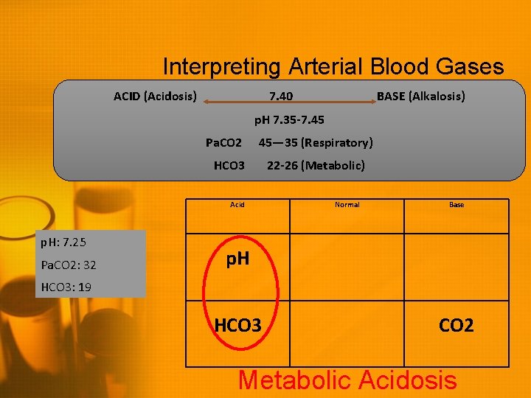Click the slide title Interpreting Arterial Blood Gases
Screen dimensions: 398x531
pos(333,67)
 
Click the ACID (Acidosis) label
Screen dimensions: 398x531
pos(155,97)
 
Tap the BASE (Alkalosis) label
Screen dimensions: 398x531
pos(420,97)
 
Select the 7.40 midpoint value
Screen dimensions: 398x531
pos(280,97)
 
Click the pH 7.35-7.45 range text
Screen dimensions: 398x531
pos(289,119)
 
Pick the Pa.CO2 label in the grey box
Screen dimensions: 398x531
pos(223,142)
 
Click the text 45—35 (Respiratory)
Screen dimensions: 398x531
pos(316,142)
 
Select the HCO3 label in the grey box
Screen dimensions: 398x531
pos(229,165)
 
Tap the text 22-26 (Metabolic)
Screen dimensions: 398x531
pos(316,165)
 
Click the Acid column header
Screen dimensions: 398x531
pos(237,205)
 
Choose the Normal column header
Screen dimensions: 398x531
pos(347,205)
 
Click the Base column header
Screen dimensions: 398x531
pos(457,205)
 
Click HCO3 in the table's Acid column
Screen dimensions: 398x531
pos(237,325)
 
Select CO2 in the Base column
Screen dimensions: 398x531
pos(456,325)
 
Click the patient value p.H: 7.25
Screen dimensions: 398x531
pos(64,242)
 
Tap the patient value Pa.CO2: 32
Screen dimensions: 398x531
pos(69,265)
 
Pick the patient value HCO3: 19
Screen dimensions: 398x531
pos(66,287)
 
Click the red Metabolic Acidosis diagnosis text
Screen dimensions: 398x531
pos(347,380)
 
